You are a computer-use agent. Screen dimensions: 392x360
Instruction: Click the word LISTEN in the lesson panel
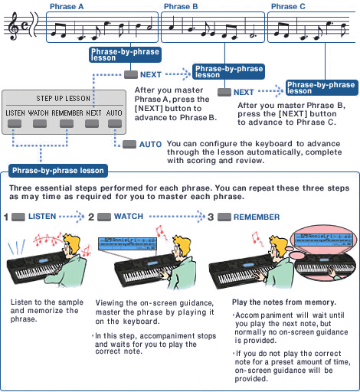[x=15, y=113]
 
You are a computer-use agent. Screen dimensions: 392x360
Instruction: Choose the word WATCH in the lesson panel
[x=38, y=113]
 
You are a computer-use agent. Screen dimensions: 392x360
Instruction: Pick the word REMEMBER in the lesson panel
[x=67, y=113]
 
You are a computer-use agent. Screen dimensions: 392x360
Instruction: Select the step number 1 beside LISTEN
[x=6, y=217]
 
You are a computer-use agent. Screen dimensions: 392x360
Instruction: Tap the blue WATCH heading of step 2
[x=128, y=217]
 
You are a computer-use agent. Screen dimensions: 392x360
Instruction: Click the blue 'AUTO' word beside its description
[x=150, y=144]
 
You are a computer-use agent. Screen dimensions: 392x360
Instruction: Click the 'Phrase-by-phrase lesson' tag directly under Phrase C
[x=320, y=87]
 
